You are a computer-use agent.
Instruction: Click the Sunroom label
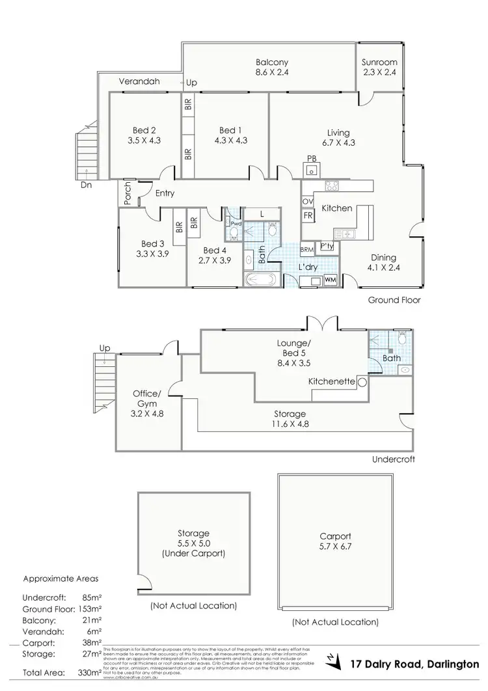[379, 62]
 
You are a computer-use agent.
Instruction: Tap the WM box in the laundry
[330, 280]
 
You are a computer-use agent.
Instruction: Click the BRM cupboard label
[307, 249]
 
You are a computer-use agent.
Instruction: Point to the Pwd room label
[235, 223]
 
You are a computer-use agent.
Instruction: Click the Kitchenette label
[331, 383]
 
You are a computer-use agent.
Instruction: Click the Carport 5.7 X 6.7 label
[335, 541]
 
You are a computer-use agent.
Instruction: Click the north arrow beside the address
[335, 662]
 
